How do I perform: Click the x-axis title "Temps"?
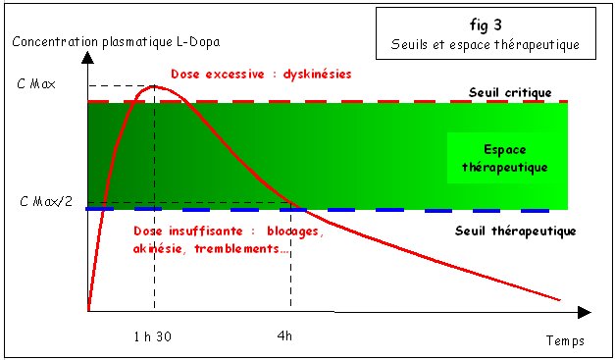tap(565, 341)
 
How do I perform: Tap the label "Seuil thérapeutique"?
tap(515, 231)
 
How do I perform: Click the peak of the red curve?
tap(155, 86)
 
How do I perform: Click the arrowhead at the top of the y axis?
tap(88, 56)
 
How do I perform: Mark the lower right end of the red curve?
tap(563, 300)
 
